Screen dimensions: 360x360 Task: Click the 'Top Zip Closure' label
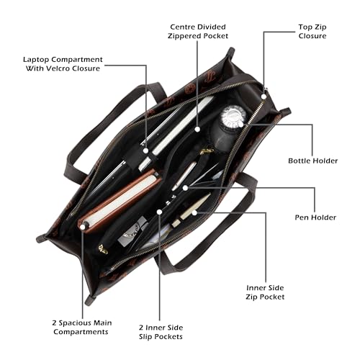click(312, 32)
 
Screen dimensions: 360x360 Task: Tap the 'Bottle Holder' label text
click(313, 161)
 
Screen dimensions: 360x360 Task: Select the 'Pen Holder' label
click(315, 217)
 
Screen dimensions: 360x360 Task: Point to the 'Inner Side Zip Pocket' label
click(265, 292)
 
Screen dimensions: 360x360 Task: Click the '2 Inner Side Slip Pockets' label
click(161, 332)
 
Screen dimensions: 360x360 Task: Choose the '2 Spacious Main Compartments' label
click(82, 328)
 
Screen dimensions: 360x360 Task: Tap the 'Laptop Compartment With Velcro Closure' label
click(63, 64)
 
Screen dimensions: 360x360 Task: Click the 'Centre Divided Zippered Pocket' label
click(198, 31)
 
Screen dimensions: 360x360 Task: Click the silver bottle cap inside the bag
click(233, 116)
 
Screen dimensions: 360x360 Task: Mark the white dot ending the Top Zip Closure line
click(264, 96)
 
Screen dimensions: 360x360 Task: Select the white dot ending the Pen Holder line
click(185, 188)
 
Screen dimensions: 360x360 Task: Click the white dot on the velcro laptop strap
click(145, 150)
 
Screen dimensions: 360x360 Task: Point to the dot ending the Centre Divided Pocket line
click(197, 129)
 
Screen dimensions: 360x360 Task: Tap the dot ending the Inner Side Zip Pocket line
click(194, 212)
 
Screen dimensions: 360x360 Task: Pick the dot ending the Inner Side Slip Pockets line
click(159, 212)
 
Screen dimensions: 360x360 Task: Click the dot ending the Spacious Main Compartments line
click(83, 227)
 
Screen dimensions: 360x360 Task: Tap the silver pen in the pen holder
click(184, 176)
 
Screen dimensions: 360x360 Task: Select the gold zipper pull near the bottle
click(207, 151)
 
